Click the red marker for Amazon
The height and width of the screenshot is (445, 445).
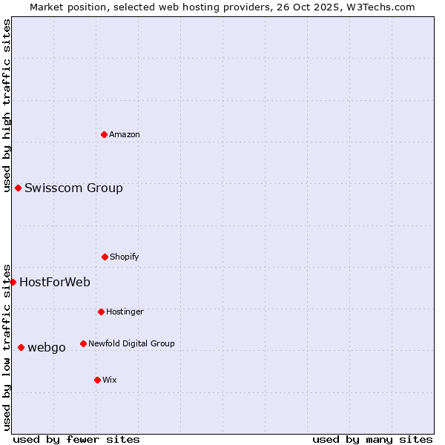[105, 134]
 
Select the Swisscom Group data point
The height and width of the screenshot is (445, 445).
[19, 188]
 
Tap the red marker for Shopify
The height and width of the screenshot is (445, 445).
[105, 257]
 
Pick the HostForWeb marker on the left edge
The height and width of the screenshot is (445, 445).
[13, 282]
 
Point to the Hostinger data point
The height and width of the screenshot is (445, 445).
[101, 311]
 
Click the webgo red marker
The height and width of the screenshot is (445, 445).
[22, 347]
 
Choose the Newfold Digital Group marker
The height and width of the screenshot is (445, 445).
[83, 343]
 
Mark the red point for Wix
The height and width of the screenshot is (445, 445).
[97, 380]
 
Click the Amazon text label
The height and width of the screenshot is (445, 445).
[125, 134]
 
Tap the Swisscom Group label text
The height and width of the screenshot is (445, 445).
[73, 188]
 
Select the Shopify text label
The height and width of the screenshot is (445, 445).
[125, 257]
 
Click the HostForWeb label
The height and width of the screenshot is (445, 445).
[55, 282]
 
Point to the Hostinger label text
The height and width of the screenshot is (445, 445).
[125, 311]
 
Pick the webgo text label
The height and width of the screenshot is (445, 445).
[47, 347]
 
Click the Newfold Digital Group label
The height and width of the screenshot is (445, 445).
[131, 343]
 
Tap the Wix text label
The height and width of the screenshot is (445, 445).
[110, 380]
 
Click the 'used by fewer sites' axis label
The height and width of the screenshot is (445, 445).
[76, 439]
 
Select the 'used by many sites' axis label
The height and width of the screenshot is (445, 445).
[372, 439]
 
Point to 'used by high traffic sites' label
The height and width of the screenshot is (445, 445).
[7, 105]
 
